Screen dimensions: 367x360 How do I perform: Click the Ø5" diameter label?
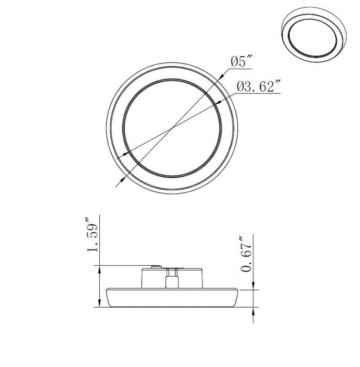(x=242, y=62)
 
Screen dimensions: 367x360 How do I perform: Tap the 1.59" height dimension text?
(x=93, y=234)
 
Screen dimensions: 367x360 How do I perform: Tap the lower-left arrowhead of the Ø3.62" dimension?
(x=126, y=153)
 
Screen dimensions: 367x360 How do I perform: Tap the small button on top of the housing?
(x=155, y=266)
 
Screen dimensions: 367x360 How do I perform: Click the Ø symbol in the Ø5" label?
(x=234, y=62)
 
